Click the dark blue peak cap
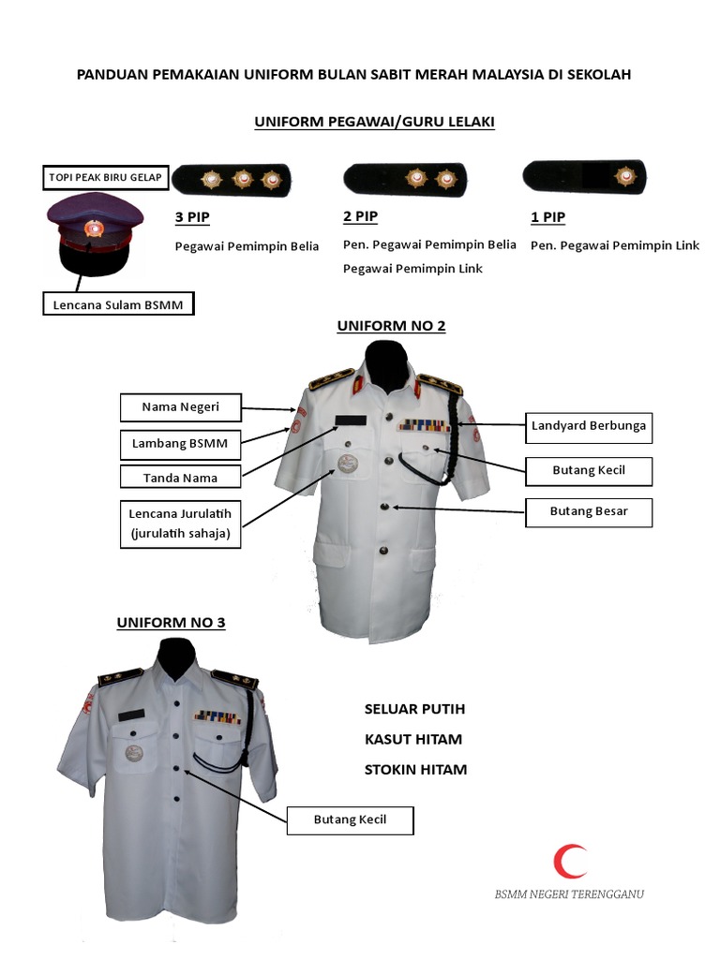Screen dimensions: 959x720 [x=95, y=234]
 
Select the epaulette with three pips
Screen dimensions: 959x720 [x=232, y=179]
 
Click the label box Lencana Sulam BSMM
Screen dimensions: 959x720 [x=118, y=303]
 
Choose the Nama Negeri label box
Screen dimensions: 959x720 [x=180, y=407]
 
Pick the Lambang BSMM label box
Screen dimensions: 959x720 [x=180, y=443]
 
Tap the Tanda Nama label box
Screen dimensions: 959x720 [x=180, y=478]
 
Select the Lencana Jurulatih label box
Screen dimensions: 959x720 [x=180, y=524]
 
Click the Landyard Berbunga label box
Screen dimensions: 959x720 [x=588, y=426]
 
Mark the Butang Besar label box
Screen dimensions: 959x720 [x=588, y=511]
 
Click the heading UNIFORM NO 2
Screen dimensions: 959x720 [x=391, y=326]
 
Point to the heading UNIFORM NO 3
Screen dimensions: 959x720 [x=171, y=622]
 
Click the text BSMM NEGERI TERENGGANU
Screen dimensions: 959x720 [x=569, y=894]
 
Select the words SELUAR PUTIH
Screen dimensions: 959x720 [x=414, y=709]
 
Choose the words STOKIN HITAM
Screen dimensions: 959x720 [x=415, y=770]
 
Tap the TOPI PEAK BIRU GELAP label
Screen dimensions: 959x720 [x=104, y=177]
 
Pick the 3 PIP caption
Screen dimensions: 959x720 [x=192, y=218]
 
